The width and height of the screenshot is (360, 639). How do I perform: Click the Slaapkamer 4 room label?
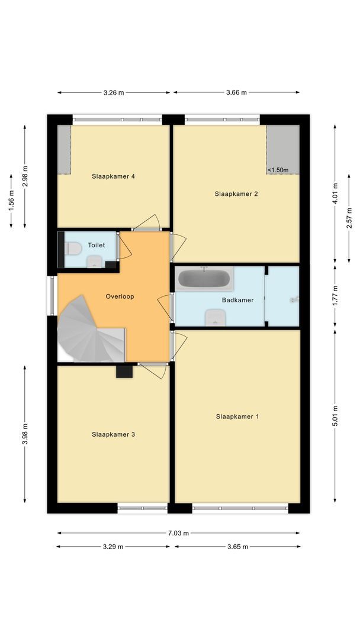(x=114, y=176)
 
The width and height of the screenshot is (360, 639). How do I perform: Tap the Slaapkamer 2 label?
(x=236, y=193)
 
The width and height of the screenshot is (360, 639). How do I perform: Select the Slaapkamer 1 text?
(x=237, y=417)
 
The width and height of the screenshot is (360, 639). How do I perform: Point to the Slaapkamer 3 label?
(x=114, y=434)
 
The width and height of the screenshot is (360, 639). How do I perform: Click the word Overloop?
(x=120, y=296)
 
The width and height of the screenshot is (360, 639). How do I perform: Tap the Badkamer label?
(x=237, y=300)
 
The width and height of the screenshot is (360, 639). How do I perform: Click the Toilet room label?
(x=96, y=245)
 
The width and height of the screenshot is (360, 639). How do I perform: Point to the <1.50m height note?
(x=278, y=170)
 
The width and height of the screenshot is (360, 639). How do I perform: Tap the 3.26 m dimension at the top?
(x=114, y=92)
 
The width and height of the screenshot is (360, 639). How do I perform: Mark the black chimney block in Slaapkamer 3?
(x=124, y=372)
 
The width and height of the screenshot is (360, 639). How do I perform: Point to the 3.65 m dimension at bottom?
(x=237, y=547)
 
